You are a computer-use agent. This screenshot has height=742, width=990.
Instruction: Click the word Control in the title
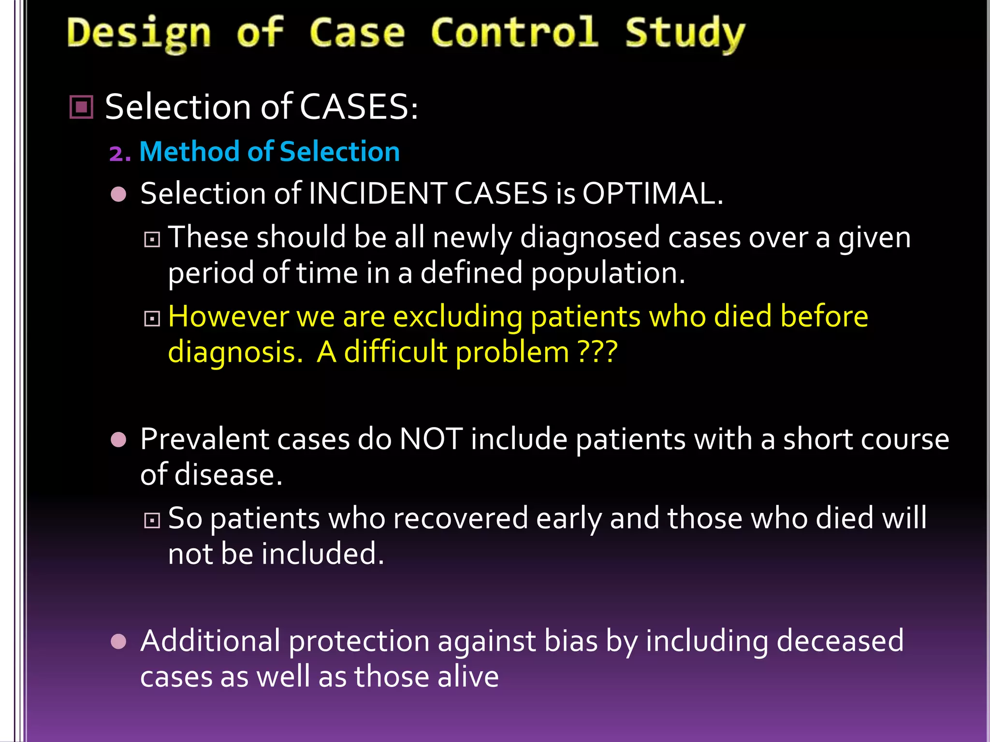pyautogui.click(x=514, y=33)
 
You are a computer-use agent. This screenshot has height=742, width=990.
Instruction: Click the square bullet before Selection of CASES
pyautogui.click(x=81, y=107)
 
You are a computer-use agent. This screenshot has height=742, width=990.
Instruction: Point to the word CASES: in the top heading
pyautogui.click(x=359, y=107)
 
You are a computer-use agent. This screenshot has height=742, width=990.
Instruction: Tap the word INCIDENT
pyautogui.click(x=377, y=194)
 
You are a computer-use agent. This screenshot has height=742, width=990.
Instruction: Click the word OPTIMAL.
pyautogui.click(x=653, y=194)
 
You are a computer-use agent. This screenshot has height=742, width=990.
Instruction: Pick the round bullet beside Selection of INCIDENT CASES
pyautogui.click(x=118, y=194)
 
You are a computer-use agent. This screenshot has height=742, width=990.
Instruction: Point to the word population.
pyautogui.click(x=608, y=273)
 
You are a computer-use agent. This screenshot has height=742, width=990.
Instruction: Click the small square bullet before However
pyautogui.click(x=152, y=318)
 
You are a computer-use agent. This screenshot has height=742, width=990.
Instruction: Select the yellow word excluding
pyautogui.click(x=458, y=317)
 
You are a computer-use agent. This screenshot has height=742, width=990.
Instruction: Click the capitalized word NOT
pyautogui.click(x=431, y=440)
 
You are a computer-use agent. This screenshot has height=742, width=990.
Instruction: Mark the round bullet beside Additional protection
pyautogui.click(x=118, y=642)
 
